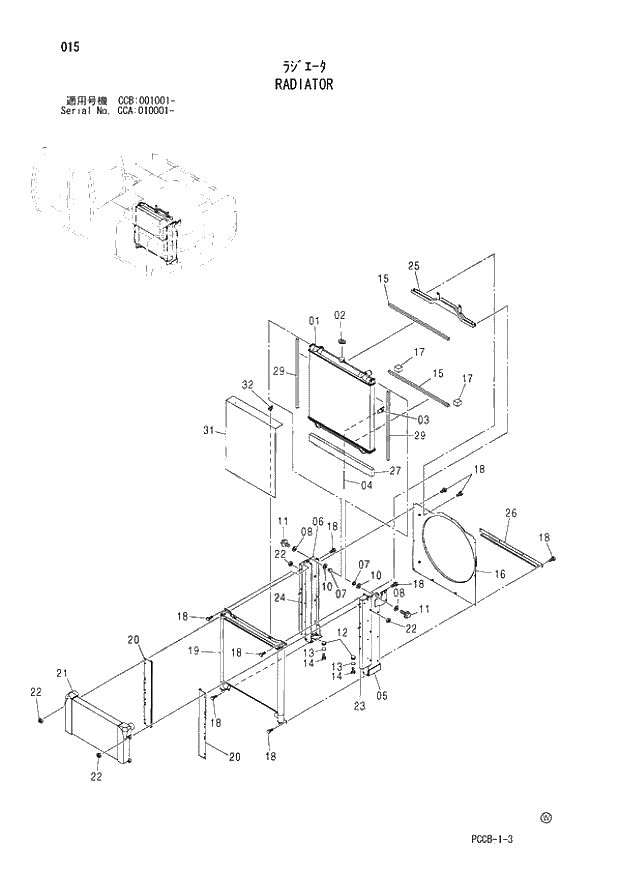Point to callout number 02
[340, 315]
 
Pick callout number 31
[209, 431]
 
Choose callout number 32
[247, 384]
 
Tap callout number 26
[511, 514]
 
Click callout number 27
[394, 471]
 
